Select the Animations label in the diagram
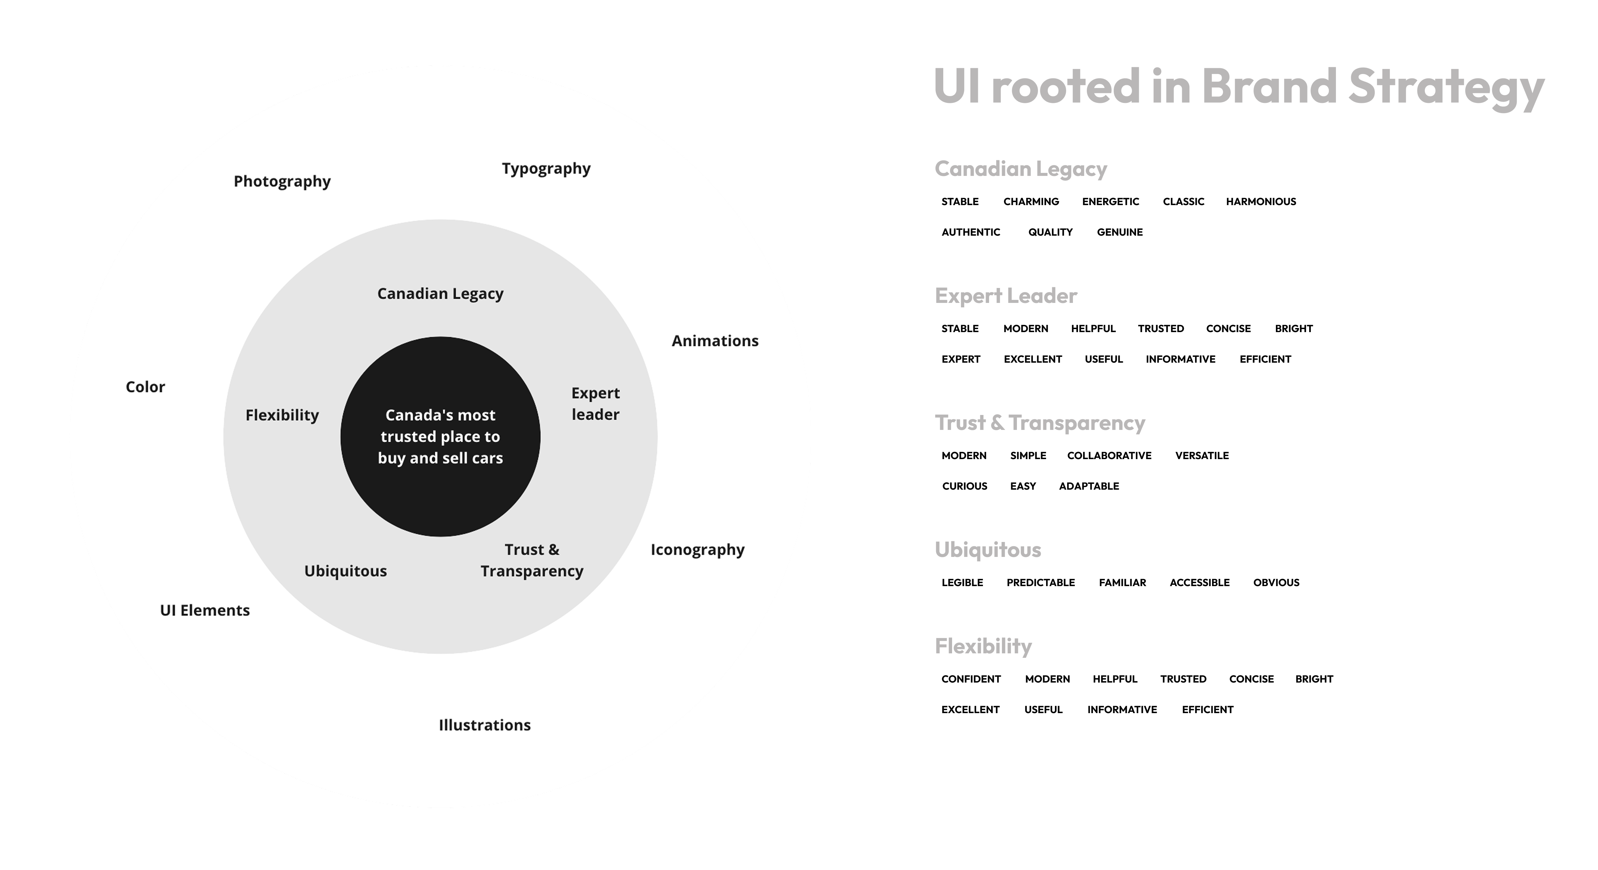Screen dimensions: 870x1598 [x=714, y=341]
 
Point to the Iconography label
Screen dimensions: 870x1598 [x=697, y=550]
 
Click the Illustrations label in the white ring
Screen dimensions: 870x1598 [x=484, y=725]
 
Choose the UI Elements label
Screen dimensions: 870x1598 [x=205, y=610]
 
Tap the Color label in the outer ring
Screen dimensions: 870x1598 [x=145, y=386]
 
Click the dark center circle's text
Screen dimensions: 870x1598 [x=441, y=436]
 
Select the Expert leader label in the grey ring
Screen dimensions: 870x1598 [x=595, y=403]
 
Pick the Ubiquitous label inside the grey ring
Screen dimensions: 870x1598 [x=346, y=571]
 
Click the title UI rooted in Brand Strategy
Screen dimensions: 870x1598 [x=1238, y=87]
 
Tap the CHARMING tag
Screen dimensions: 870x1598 [x=1031, y=201]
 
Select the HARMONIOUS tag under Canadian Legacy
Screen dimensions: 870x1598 [x=1261, y=201]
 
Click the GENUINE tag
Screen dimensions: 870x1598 [x=1120, y=232]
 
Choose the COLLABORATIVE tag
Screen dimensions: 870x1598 [x=1109, y=455]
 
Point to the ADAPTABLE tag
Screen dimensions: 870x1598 [x=1089, y=486]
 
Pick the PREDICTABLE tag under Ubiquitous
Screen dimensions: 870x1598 [x=1040, y=582]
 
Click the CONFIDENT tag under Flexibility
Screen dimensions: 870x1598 [x=971, y=679]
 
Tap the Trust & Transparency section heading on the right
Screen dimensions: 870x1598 [x=1040, y=422]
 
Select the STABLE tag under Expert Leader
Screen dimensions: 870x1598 [x=960, y=328]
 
